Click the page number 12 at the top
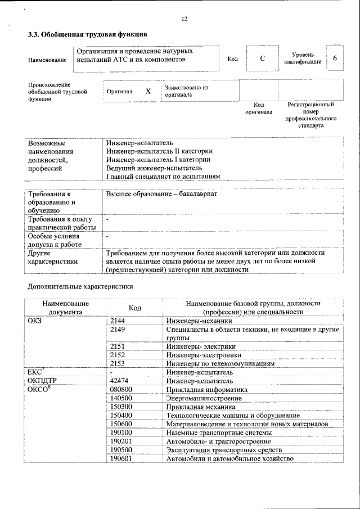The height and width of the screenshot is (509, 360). (x=184, y=19)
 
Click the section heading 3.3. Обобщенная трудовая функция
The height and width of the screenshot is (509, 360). (x=84, y=35)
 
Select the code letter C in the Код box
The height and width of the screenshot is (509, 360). (x=263, y=59)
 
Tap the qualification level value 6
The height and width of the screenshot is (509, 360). (x=335, y=59)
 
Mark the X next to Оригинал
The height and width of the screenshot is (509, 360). (x=148, y=91)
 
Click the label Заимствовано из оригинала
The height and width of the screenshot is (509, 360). (x=186, y=91)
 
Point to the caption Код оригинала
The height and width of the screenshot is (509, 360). (x=259, y=108)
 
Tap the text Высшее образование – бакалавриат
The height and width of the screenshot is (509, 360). (x=161, y=193)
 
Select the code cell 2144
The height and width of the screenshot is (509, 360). (x=118, y=320)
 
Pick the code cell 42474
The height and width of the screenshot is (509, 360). (x=119, y=381)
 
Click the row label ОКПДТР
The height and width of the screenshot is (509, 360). (x=43, y=381)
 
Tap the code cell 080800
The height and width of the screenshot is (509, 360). (x=121, y=389)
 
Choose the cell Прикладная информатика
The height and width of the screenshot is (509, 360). (x=206, y=389)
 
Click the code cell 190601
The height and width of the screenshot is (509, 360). (x=121, y=458)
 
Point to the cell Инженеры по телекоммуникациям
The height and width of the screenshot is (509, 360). (x=220, y=363)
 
